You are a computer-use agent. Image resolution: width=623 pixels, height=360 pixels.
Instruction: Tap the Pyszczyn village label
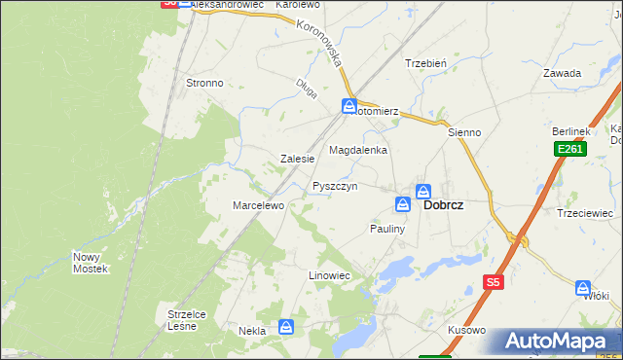(336, 185)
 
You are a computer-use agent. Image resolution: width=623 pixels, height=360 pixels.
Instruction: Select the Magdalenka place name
(358, 151)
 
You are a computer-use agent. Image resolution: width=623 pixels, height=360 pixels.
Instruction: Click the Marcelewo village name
(257, 205)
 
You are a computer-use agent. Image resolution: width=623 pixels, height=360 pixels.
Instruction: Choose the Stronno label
(204, 83)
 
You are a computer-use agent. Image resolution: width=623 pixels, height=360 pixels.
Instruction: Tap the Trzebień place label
(425, 63)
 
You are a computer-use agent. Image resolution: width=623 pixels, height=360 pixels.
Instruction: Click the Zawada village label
(563, 73)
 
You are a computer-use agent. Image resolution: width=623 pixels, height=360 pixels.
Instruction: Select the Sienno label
(464, 131)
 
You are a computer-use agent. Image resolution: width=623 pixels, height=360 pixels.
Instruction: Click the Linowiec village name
(329, 276)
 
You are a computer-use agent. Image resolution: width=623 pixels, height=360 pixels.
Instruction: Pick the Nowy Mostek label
(91, 263)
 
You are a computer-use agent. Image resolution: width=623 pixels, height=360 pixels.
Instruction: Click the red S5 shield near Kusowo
(493, 282)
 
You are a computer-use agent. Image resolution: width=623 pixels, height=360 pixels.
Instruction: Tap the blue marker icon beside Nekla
(285, 327)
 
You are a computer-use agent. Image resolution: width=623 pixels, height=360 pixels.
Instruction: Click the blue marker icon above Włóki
(583, 288)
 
